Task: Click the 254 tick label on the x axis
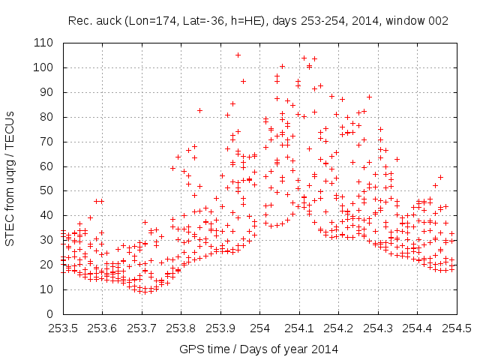tap(260, 328)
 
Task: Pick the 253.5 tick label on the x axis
tap(64, 328)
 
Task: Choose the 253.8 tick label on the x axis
tap(181, 328)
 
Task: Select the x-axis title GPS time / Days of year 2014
tap(259, 349)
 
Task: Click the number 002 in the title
tap(438, 22)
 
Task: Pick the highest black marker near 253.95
tap(238, 55)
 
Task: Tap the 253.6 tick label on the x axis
tap(103, 328)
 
